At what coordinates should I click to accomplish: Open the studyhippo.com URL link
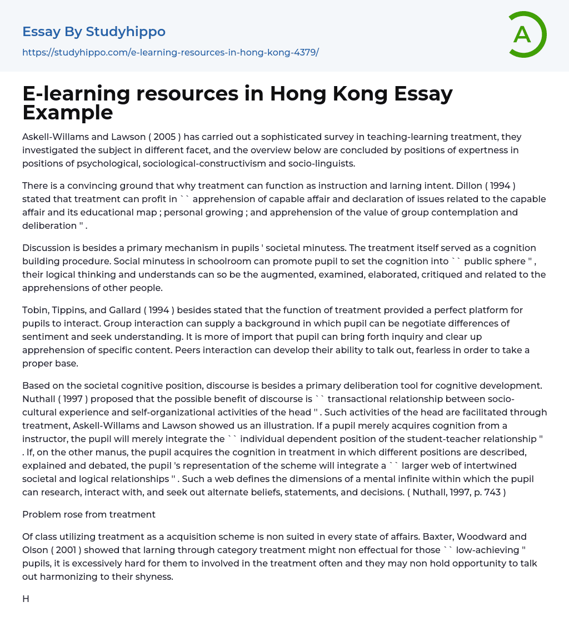click(x=170, y=52)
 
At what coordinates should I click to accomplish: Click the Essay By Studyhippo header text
click(x=94, y=32)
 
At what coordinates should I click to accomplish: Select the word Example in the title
click(x=68, y=113)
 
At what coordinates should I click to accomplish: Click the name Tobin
click(x=36, y=310)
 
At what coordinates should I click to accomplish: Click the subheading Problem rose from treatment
click(x=89, y=514)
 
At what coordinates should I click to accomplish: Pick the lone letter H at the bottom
click(x=26, y=599)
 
